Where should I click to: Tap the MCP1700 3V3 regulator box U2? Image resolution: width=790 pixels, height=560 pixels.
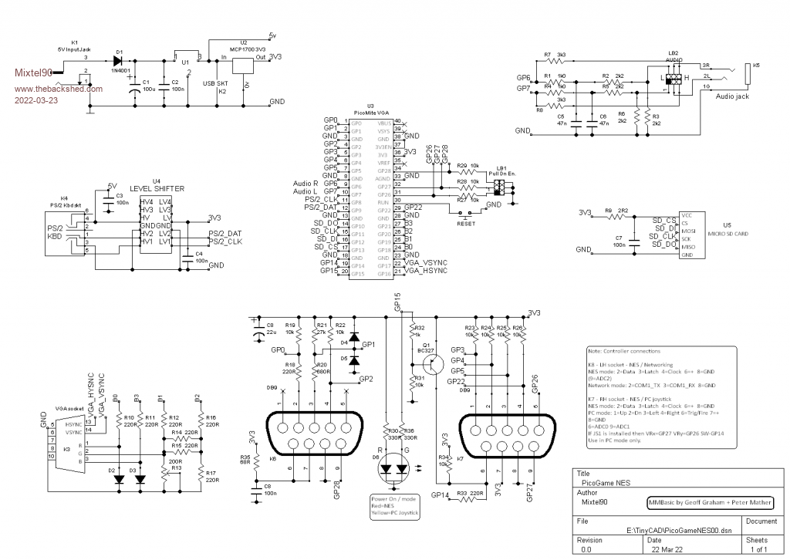245,66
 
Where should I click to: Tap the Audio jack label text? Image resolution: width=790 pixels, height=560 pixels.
732,96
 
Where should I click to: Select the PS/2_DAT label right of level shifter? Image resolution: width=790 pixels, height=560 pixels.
225,232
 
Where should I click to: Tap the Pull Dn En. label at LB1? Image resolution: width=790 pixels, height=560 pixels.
502,175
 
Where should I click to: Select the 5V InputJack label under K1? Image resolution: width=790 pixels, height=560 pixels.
75,49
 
